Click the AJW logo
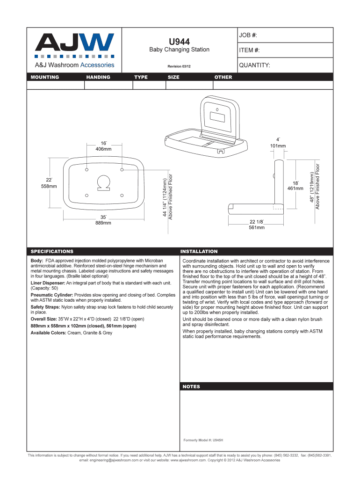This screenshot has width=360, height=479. point(74,43)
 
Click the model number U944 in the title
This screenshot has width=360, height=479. point(179,42)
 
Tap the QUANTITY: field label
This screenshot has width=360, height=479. point(254,65)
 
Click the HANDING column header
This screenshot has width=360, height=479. point(98,77)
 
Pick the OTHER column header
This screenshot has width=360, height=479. point(223,77)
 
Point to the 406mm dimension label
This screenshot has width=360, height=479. point(104,149)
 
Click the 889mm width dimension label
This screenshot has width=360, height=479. point(103,223)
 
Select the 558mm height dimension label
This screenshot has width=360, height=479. point(49,186)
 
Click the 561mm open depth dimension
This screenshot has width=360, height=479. point(256,228)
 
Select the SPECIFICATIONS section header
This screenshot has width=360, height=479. point(52,252)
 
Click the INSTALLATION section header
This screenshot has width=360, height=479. point(199,252)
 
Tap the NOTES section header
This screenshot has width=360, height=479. point(191,387)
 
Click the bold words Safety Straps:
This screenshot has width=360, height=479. point(45,307)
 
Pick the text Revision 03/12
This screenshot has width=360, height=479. point(179,67)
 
